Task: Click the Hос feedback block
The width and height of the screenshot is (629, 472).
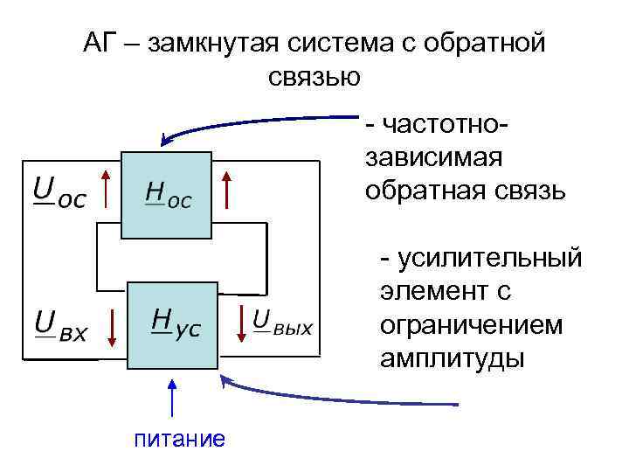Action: pos(167,195)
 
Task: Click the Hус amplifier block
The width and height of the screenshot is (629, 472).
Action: pos(172,325)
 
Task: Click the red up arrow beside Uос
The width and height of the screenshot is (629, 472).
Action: pos(106,190)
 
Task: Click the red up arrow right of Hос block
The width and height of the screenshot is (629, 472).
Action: pos(226,190)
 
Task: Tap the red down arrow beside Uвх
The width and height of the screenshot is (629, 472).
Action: pos(112,326)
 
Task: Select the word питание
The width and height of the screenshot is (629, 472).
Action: pos(178,438)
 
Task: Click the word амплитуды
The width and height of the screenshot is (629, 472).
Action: pos(453,357)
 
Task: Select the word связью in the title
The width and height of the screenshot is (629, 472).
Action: pos(314,77)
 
